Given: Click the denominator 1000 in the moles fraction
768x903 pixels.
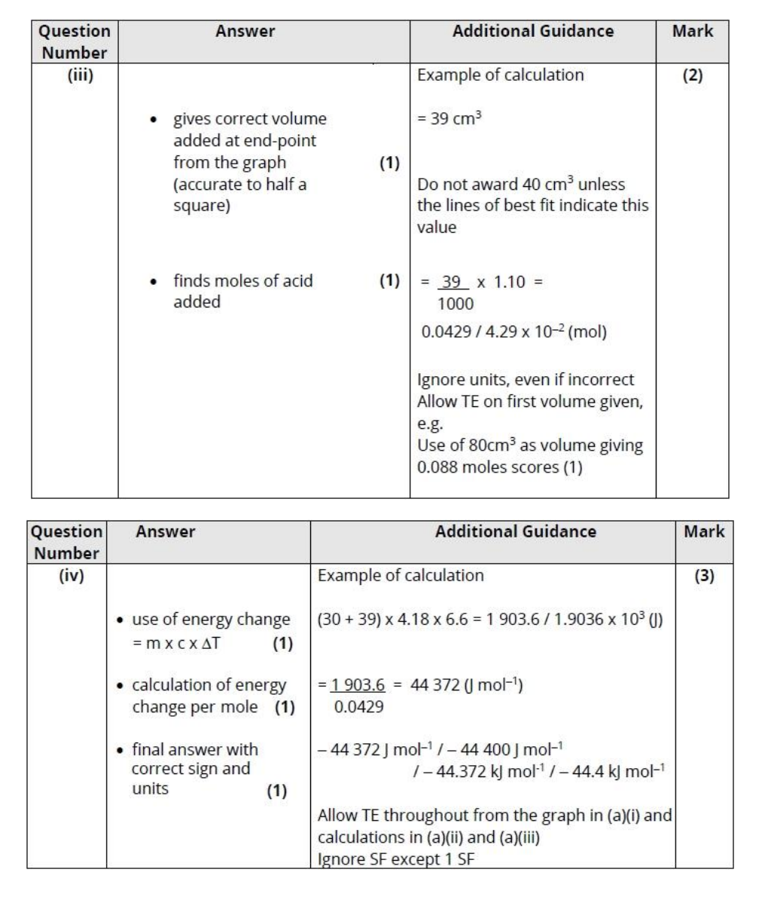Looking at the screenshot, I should (x=456, y=304).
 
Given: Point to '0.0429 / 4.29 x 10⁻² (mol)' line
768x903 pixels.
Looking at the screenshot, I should (x=512, y=332).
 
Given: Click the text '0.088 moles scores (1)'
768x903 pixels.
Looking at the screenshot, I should (x=498, y=467).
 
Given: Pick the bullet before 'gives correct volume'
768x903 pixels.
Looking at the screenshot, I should (x=154, y=120).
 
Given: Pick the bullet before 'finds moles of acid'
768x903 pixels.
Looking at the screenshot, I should (x=154, y=282).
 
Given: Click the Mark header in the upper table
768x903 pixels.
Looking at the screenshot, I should (x=692, y=32).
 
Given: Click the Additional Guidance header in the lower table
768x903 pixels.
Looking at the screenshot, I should (x=515, y=531).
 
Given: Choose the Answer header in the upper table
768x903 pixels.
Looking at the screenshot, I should (x=245, y=32).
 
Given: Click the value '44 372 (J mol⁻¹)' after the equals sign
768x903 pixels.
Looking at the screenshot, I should (x=470, y=685).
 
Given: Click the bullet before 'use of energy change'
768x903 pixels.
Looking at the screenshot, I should (x=120, y=620).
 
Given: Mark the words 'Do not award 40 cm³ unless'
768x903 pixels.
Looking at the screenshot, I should (x=521, y=185).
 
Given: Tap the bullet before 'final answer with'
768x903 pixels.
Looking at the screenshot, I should (x=120, y=750).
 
